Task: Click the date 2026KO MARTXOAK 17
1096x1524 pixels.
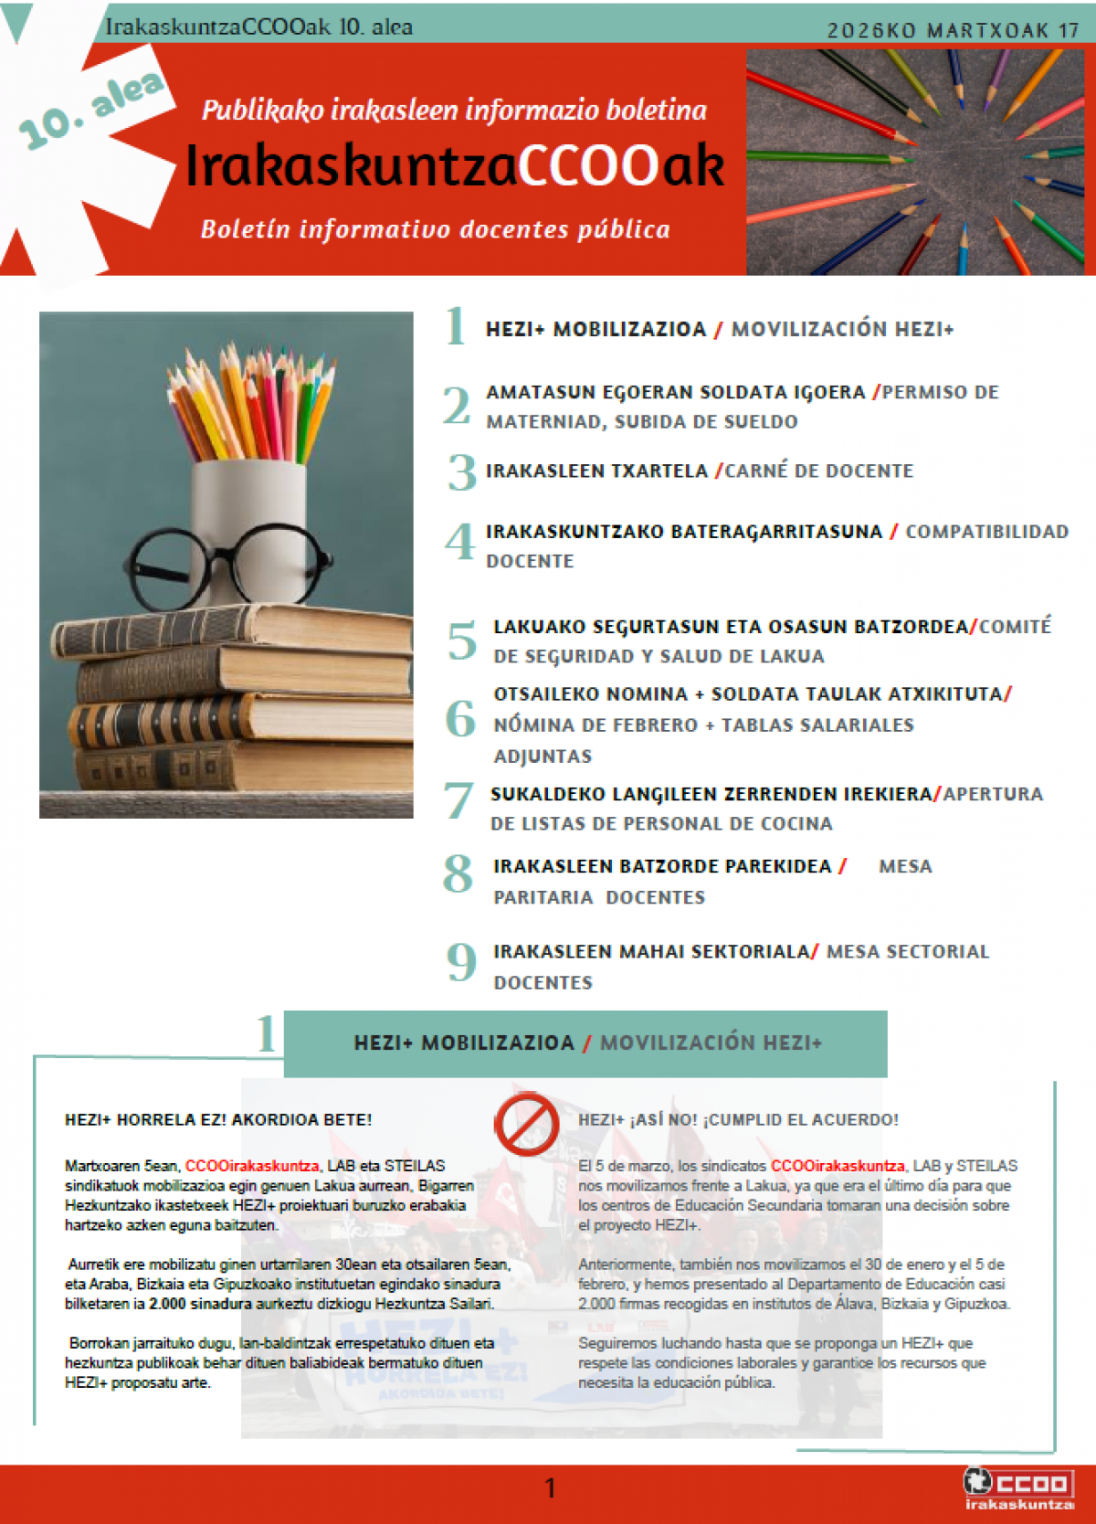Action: click(953, 30)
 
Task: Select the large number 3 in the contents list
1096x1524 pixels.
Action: click(462, 472)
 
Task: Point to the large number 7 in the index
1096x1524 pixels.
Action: click(458, 800)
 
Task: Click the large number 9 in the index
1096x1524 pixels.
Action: click(462, 961)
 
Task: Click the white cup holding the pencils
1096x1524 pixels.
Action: click(248, 521)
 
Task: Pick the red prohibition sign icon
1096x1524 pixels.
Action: click(527, 1124)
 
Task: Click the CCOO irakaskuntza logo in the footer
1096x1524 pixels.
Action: click(1018, 1487)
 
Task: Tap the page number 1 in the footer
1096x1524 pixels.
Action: click(550, 1488)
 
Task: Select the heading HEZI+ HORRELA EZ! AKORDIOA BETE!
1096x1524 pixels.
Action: click(218, 1120)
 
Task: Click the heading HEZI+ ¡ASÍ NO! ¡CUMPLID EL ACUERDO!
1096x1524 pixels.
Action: click(738, 1120)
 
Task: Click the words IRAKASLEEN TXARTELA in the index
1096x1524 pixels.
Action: click(596, 471)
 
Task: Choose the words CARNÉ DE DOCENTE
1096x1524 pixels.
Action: click(819, 471)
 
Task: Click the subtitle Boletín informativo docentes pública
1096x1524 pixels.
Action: click(436, 229)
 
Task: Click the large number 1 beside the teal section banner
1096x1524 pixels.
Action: click(266, 1033)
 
